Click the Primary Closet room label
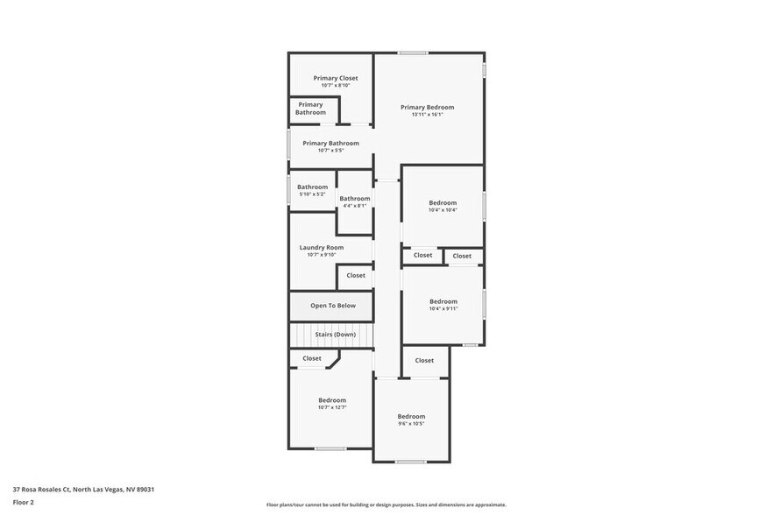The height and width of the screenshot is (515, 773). (x=336, y=78)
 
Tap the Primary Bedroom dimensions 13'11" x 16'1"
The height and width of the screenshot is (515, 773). (x=428, y=115)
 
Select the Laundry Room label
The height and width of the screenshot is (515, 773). (x=322, y=247)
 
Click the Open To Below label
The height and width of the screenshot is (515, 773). (x=333, y=306)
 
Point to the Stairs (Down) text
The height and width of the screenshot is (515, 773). (x=336, y=335)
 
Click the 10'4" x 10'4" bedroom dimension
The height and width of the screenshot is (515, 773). (x=443, y=210)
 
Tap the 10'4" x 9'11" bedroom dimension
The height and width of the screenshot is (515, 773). (x=443, y=308)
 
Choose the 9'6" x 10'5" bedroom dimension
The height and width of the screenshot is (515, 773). (x=411, y=424)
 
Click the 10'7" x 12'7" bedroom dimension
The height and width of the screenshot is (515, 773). (x=332, y=407)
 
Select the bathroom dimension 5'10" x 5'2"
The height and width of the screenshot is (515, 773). (x=312, y=194)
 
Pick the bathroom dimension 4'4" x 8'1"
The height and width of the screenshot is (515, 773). (x=355, y=206)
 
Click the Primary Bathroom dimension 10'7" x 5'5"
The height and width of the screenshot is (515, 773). (x=330, y=151)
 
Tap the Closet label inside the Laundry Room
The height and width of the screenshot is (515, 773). (x=356, y=275)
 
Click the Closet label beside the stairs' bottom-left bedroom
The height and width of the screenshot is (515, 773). (x=312, y=358)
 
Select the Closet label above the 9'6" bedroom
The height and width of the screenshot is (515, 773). (x=424, y=360)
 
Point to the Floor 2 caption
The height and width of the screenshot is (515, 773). (x=23, y=502)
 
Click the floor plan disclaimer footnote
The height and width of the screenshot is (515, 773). (x=386, y=504)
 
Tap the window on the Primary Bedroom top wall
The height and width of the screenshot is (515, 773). (x=413, y=53)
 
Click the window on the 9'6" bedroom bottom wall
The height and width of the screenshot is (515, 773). (x=410, y=462)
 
